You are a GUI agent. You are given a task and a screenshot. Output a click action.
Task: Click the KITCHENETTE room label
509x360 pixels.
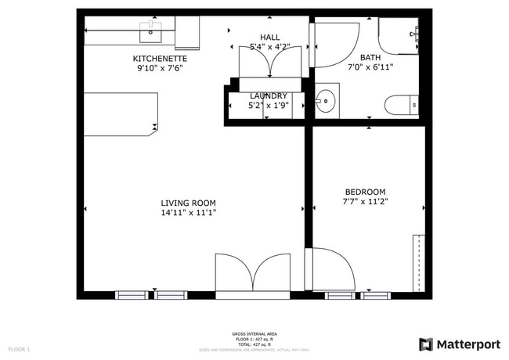pos(160,59)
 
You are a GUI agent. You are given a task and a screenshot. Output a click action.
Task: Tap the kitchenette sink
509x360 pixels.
pos(150,31)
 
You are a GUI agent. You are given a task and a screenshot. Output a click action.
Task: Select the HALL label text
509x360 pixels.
pos(270,38)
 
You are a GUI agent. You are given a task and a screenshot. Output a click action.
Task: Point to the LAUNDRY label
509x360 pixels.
pos(269,96)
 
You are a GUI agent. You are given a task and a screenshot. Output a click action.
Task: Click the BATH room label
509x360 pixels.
pos(370,57)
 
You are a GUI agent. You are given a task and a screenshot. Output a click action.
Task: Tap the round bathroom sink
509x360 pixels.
pos(327,101)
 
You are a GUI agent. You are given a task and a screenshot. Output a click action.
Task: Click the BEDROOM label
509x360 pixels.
pos(365,192)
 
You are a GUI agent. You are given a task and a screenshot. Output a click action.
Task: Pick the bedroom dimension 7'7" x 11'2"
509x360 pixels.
pos(365,202)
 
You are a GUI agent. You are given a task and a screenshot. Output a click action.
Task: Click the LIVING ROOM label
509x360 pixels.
pos(188,203)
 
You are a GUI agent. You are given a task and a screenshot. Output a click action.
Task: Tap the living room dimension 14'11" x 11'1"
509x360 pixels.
pos(188,213)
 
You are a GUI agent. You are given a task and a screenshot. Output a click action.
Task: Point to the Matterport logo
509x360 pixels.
pos(459,344)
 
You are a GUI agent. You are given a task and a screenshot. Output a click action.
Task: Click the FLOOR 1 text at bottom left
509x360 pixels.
pos(19,349)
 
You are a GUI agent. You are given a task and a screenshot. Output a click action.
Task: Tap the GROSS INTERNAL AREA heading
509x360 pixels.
pos(254,333)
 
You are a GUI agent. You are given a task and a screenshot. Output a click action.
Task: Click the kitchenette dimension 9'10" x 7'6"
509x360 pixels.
pos(160,68)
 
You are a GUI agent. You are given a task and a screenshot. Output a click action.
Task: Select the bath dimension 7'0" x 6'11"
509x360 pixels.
pos(370,67)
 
